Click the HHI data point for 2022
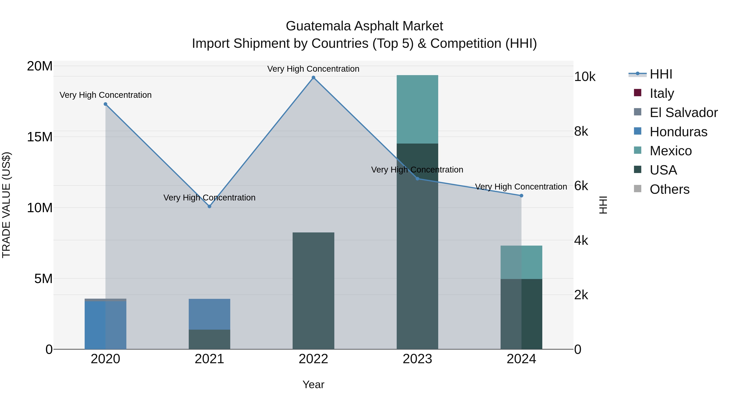coord(313,78)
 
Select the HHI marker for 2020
coord(106,104)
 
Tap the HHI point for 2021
coord(209,207)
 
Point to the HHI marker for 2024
coord(521,196)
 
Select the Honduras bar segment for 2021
coord(209,314)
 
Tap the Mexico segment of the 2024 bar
coord(521,262)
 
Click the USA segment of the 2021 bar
coord(209,339)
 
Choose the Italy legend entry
coord(662,93)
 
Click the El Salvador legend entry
coord(683,113)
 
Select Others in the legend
coord(669,189)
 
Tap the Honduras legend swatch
coord(638,131)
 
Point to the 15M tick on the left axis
coord(40,137)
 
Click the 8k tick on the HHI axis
coord(581,131)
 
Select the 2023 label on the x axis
coord(417,359)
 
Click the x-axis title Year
coord(313,384)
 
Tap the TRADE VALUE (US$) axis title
coord(6,205)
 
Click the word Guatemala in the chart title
coord(318,26)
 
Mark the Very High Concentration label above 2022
coord(313,69)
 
